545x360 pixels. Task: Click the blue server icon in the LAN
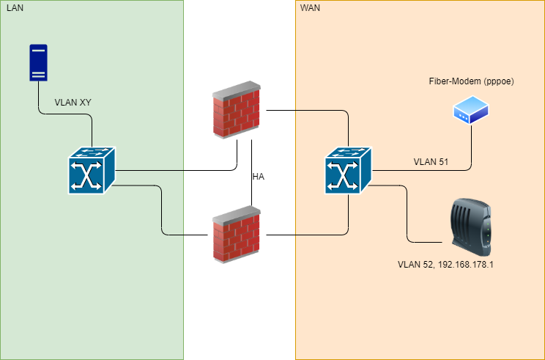pyautogui.click(x=38, y=63)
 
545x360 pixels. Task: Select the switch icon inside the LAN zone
pyautogui.click(x=92, y=170)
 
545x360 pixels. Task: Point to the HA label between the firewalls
pyautogui.click(x=258, y=177)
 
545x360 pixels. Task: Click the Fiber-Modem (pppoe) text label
pyautogui.click(x=471, y=81)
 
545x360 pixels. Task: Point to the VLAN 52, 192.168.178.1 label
pyautogui.click(x=445, y=264)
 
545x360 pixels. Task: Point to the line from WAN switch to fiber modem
pyautogui.click(x=425, y=170)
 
